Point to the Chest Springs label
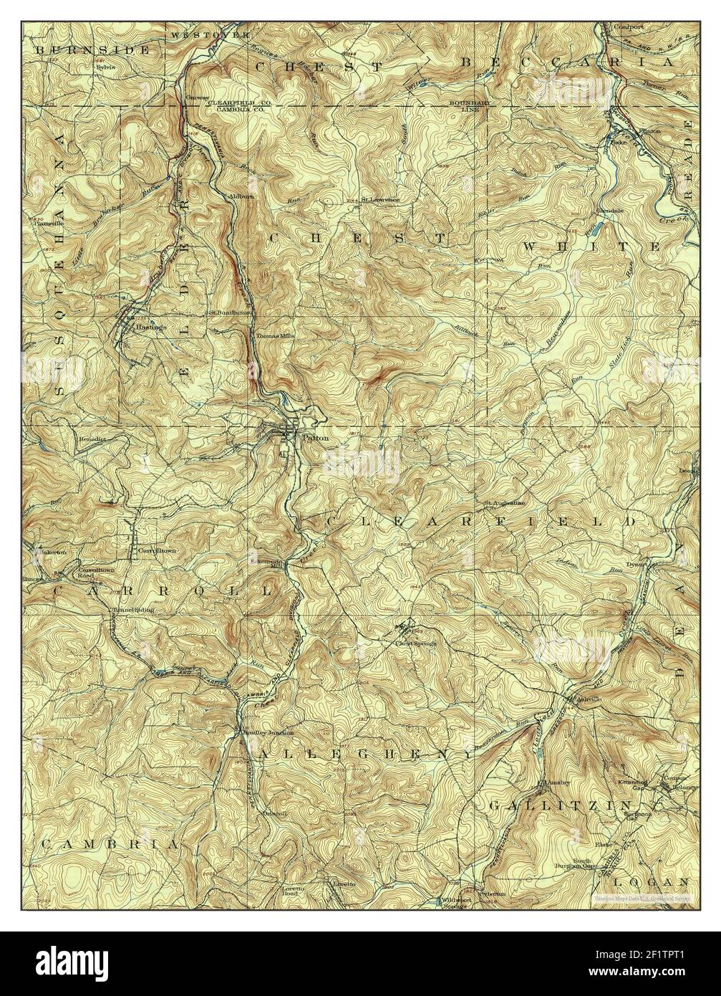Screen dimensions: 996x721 click(416, 643)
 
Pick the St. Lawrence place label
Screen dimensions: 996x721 click(380, 199)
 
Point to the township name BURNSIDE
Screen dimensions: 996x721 click(93, 50)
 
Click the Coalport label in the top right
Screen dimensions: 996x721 click(628, 27)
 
